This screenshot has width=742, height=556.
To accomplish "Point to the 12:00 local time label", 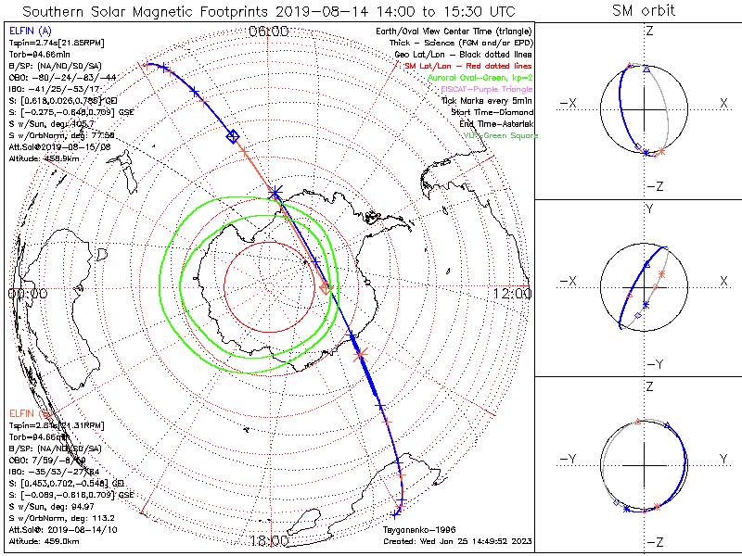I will point(512,293).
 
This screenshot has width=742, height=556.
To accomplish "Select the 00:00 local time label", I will point(27,293).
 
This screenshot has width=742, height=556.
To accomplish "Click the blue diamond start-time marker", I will point(233,137).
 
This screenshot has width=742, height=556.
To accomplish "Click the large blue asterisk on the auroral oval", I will point(275,193).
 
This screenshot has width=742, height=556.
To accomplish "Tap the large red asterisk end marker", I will point(360,353).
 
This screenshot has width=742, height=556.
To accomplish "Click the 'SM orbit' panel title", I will point(644,11).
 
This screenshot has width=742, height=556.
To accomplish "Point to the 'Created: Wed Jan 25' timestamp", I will point(456,540).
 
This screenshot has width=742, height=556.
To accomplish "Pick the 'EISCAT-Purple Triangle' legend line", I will point(485,89).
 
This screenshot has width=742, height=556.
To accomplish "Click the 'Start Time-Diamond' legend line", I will point(493,112).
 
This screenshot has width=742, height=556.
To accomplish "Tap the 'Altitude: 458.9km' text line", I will point(43,158).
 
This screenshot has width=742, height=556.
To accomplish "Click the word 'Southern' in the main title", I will point(58,11).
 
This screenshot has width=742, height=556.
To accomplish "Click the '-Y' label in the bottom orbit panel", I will point(569,459).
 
